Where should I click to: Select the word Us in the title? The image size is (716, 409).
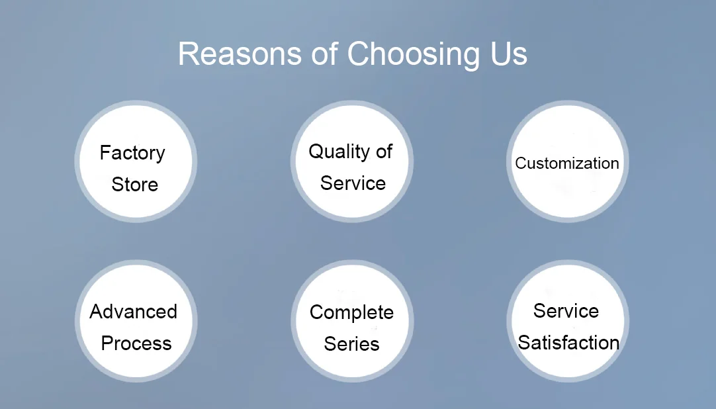click(508, 54)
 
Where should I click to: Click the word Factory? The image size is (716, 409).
click(132, 154)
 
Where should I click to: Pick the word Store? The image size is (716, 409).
click(134, 185)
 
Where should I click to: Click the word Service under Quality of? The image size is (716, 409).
click(353, 183)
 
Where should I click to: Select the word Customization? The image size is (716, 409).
click(567, 163)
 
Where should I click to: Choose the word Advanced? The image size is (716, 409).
click(134, 312)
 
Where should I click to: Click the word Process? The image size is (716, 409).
click(136, 343)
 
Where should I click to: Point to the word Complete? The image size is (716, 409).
click(351, 312)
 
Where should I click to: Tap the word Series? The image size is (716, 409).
click(351, 344)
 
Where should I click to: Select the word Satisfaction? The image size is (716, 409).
click(568, 343)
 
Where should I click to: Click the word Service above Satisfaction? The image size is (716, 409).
click(566, 311)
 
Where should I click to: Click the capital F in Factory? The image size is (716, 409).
click(105, 153)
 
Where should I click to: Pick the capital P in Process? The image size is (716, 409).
click(107, 343)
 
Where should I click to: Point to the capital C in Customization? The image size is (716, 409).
click(520, 163)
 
